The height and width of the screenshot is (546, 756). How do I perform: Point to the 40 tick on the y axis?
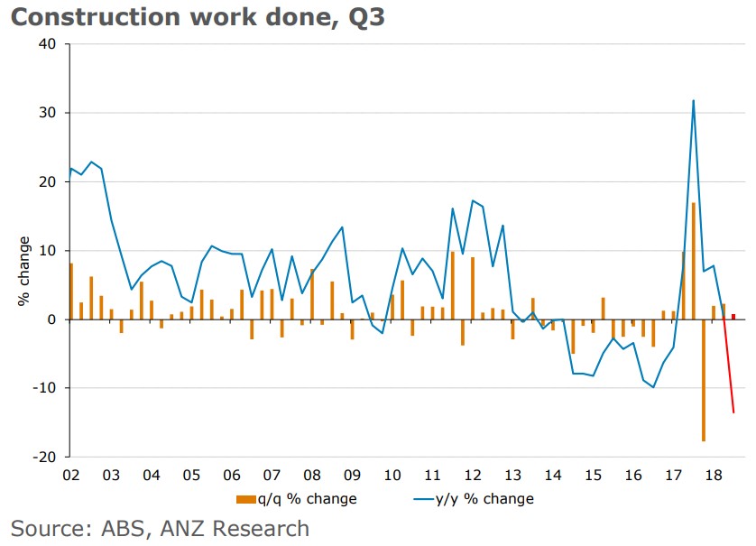(x=47, y=44)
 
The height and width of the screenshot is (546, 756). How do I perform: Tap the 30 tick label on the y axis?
(x=47, y=113)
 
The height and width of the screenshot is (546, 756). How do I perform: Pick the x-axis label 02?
(x=70, y=475)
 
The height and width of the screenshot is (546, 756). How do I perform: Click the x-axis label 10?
(x=392, y=475)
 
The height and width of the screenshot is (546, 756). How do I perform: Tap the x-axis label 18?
(x=713, y=475)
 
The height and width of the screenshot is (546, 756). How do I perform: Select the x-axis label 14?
(x=552, y=475)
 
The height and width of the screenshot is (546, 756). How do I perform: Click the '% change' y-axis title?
(x=24, y=272)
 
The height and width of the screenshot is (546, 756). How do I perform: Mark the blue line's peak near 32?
(x=693, y=100)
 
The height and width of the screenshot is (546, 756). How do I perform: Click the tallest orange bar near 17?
(x=693, y=261)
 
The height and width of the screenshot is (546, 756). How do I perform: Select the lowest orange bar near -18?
(x=703, y=380)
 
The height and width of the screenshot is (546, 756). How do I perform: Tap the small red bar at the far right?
(x=733, y=316)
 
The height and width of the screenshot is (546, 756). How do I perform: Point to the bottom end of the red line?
(x=733, y=412)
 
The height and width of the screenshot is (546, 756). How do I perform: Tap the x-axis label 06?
(x=231, y=475)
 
